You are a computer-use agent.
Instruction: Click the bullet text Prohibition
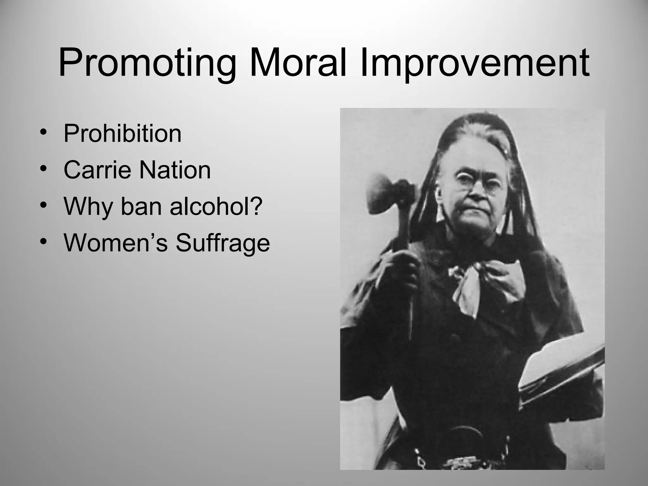coord(122,134)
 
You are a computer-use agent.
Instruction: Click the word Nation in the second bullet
coord(175,170)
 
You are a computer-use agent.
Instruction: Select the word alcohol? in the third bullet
coord(216,206)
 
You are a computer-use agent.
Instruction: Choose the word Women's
coord(115,243)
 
